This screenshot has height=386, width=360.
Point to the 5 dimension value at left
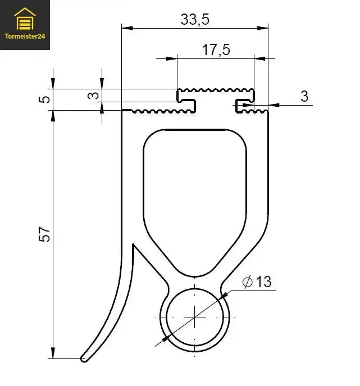pyautogui.click(x=47, y=99)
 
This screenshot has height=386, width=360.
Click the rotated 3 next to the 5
pyautogui.click(x=96, y=96)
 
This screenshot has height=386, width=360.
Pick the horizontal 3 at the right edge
pyautogui.click(x=304, y=96)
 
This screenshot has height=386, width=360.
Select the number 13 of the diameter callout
pyautogui.click(x=263, y=281)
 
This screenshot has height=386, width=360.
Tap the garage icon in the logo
pyautogui.click(x=25, y=20)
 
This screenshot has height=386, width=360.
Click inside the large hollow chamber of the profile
pyautogui.click(x=195, y=197)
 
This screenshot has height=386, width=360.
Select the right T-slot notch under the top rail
pyautogui.click(x=244, y=103)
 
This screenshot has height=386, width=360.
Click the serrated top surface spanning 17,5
pyautogui.click(x=216, y=90)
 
